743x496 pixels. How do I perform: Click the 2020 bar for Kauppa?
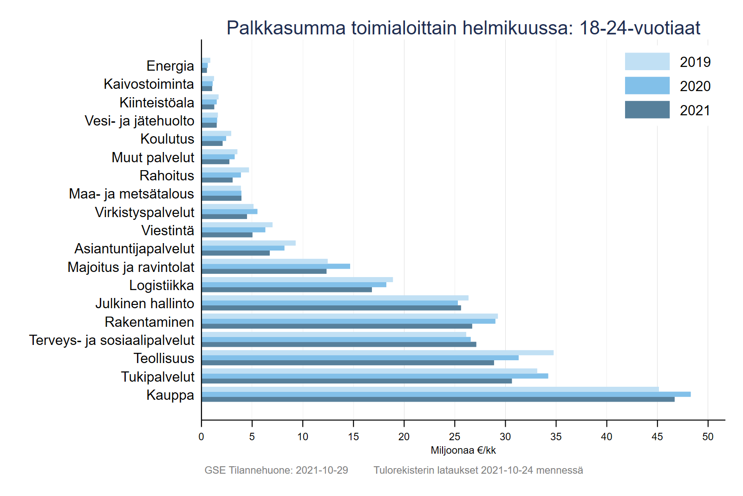point(446,394)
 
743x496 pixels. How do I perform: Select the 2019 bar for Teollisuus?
point(377,353)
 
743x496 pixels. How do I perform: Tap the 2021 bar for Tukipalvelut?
point(357,381)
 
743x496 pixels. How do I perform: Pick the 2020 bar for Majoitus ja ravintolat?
point(276,266)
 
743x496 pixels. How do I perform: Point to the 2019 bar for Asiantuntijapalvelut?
point(248,243)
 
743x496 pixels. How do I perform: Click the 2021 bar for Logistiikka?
point(287,290)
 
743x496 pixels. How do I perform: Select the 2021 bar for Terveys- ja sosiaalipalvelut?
point(339,344)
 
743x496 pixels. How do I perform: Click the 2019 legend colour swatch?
point(647,61)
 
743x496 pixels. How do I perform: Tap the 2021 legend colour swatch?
point(647,110)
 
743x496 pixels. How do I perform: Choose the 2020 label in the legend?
point(695,86)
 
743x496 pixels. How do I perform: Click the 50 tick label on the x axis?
point(708,436)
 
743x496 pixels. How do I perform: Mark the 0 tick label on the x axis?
point(201,436)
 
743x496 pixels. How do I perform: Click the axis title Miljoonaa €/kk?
point(463,450)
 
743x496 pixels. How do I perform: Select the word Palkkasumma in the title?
point(286,28)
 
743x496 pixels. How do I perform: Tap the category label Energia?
point(170,66)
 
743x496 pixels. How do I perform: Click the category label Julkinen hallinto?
point(144,304)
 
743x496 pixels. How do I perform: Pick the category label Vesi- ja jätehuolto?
point(139,121)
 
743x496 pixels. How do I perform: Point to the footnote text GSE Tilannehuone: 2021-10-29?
point(276,470)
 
